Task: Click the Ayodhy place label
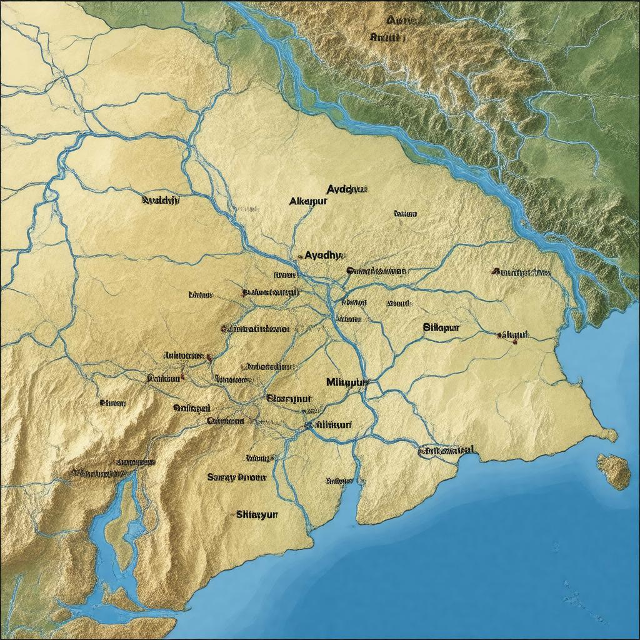pos(325,255)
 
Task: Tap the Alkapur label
pos(309,202)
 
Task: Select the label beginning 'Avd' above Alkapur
pos(347,188)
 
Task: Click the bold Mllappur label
pos(348,381)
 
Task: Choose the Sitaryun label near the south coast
pos(257,515)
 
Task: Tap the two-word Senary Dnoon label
pos(236,477)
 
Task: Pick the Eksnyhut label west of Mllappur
pos(289,397)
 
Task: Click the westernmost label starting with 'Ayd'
pos(161,201)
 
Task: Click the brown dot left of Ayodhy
pos(297,256)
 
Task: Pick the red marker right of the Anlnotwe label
pos(209,357)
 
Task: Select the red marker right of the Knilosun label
pos(182,377)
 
